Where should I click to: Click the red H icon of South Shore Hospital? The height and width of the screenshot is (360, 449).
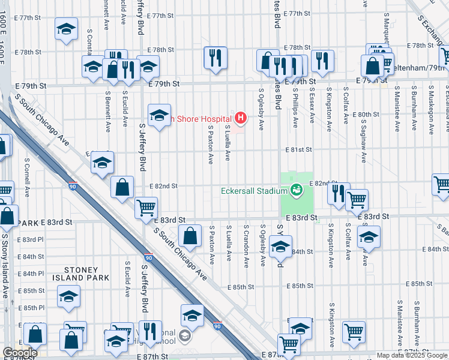(241, 117)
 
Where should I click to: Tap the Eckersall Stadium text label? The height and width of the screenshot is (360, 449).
(254, 191)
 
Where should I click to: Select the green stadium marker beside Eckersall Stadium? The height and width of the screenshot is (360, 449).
(295, 191)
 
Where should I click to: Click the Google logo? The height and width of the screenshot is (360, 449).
(19, 353)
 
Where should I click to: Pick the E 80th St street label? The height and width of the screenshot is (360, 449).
(366, 114)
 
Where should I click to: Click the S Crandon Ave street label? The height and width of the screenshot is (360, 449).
(246, 243)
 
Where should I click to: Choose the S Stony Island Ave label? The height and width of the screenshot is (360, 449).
(4, 264)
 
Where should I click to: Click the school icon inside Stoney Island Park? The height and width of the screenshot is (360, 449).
(68, 296)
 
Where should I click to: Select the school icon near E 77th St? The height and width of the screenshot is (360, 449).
(66, 28)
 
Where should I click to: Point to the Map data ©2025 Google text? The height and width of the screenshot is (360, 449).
(412, 355)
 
